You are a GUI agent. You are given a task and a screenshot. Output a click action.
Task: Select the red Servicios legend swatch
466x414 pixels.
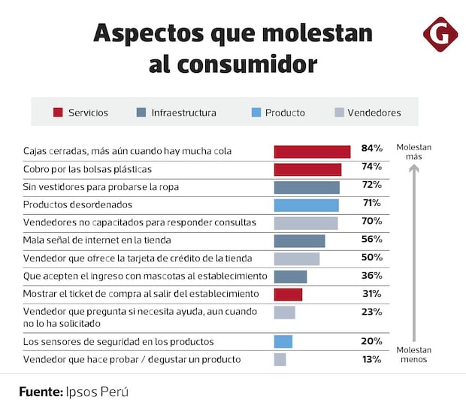(58, 113)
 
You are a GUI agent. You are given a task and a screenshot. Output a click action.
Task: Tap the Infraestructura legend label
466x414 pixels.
(183, 113)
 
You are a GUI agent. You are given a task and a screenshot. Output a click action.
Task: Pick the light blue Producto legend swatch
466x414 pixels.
(256, 113)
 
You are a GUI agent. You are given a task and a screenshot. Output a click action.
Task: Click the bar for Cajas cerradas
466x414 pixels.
(312, 151)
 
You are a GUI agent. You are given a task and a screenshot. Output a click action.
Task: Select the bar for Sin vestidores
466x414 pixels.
(307, 187)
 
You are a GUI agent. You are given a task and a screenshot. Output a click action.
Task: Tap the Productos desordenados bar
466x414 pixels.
(306, 204)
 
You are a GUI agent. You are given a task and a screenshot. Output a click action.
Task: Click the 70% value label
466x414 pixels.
(371, 221)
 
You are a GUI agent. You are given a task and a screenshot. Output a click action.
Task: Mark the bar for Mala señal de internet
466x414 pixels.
(299, 240)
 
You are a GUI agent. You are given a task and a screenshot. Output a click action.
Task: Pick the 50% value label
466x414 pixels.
(371, 257)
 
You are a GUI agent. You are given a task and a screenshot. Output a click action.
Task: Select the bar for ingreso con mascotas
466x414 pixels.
(290, 277)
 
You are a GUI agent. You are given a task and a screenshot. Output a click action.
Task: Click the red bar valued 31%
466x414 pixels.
(288, 294)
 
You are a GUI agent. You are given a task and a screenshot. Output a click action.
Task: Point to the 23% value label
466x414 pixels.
(371, 312)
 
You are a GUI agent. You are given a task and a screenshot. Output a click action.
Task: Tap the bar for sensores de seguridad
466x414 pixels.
(283, 342)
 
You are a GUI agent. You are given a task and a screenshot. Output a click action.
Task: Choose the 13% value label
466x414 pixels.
(371, 359)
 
